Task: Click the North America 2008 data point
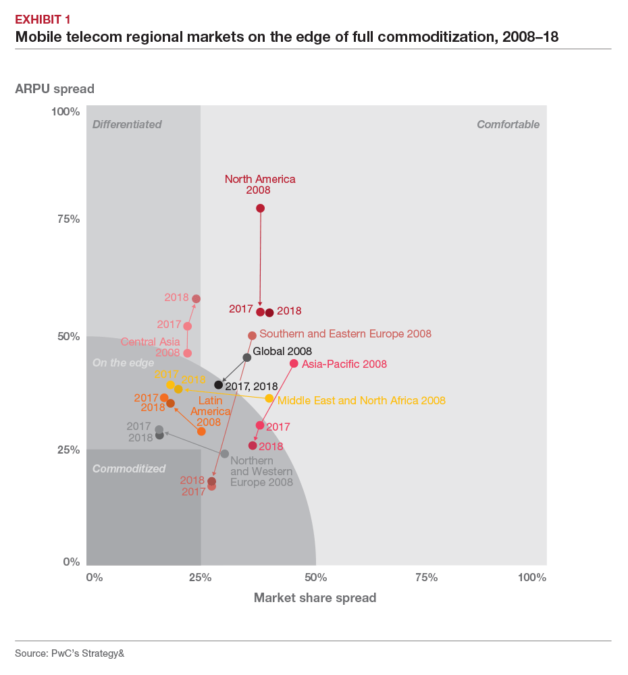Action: pos(260,208)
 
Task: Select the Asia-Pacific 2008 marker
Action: pos(294,363)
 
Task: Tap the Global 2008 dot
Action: pos(247,357)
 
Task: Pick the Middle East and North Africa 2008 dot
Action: pos(269,398)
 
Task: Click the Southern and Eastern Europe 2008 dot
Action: pos(252,335)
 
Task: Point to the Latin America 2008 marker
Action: pos(201,431)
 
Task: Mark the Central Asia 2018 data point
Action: pos(196,298)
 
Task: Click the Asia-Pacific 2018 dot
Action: pos(253,446)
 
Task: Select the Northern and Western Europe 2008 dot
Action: pos(225,454)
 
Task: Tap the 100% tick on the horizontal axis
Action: pos(532,577)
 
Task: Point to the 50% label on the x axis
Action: pos(315,577)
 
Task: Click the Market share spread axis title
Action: pos(315,598)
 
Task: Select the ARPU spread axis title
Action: pos(55,88)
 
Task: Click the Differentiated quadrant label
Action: pos(127,124)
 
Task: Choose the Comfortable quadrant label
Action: pos(508,124)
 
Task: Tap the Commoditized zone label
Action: pos(129,468)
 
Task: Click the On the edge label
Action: pos(123,363)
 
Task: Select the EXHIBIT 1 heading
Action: pos(43,19)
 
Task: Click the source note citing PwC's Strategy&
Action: pos(70,653)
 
